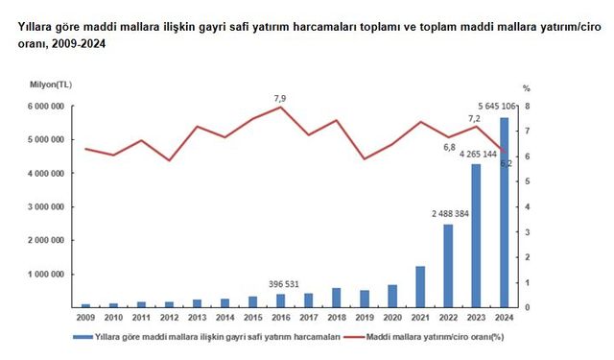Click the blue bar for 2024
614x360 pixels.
tap(502, 212)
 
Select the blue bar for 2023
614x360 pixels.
tap(474, 235)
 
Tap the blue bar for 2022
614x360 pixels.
tap(447, 266)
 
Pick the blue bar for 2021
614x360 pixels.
tap(419, 287)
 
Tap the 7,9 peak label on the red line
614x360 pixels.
tap(280, 97)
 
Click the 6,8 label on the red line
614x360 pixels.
tap(449, 148)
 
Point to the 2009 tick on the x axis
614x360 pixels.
tap(85, 318)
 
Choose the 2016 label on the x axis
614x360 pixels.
tap(281, 318)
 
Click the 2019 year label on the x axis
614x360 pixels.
tap(364, 318)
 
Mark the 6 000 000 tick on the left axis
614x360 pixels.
tap(44, 107)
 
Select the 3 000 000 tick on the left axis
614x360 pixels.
tap(44, 206)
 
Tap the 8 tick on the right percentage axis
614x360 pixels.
tap(525, 107)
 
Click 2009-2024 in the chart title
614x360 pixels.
tap(77, 44)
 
